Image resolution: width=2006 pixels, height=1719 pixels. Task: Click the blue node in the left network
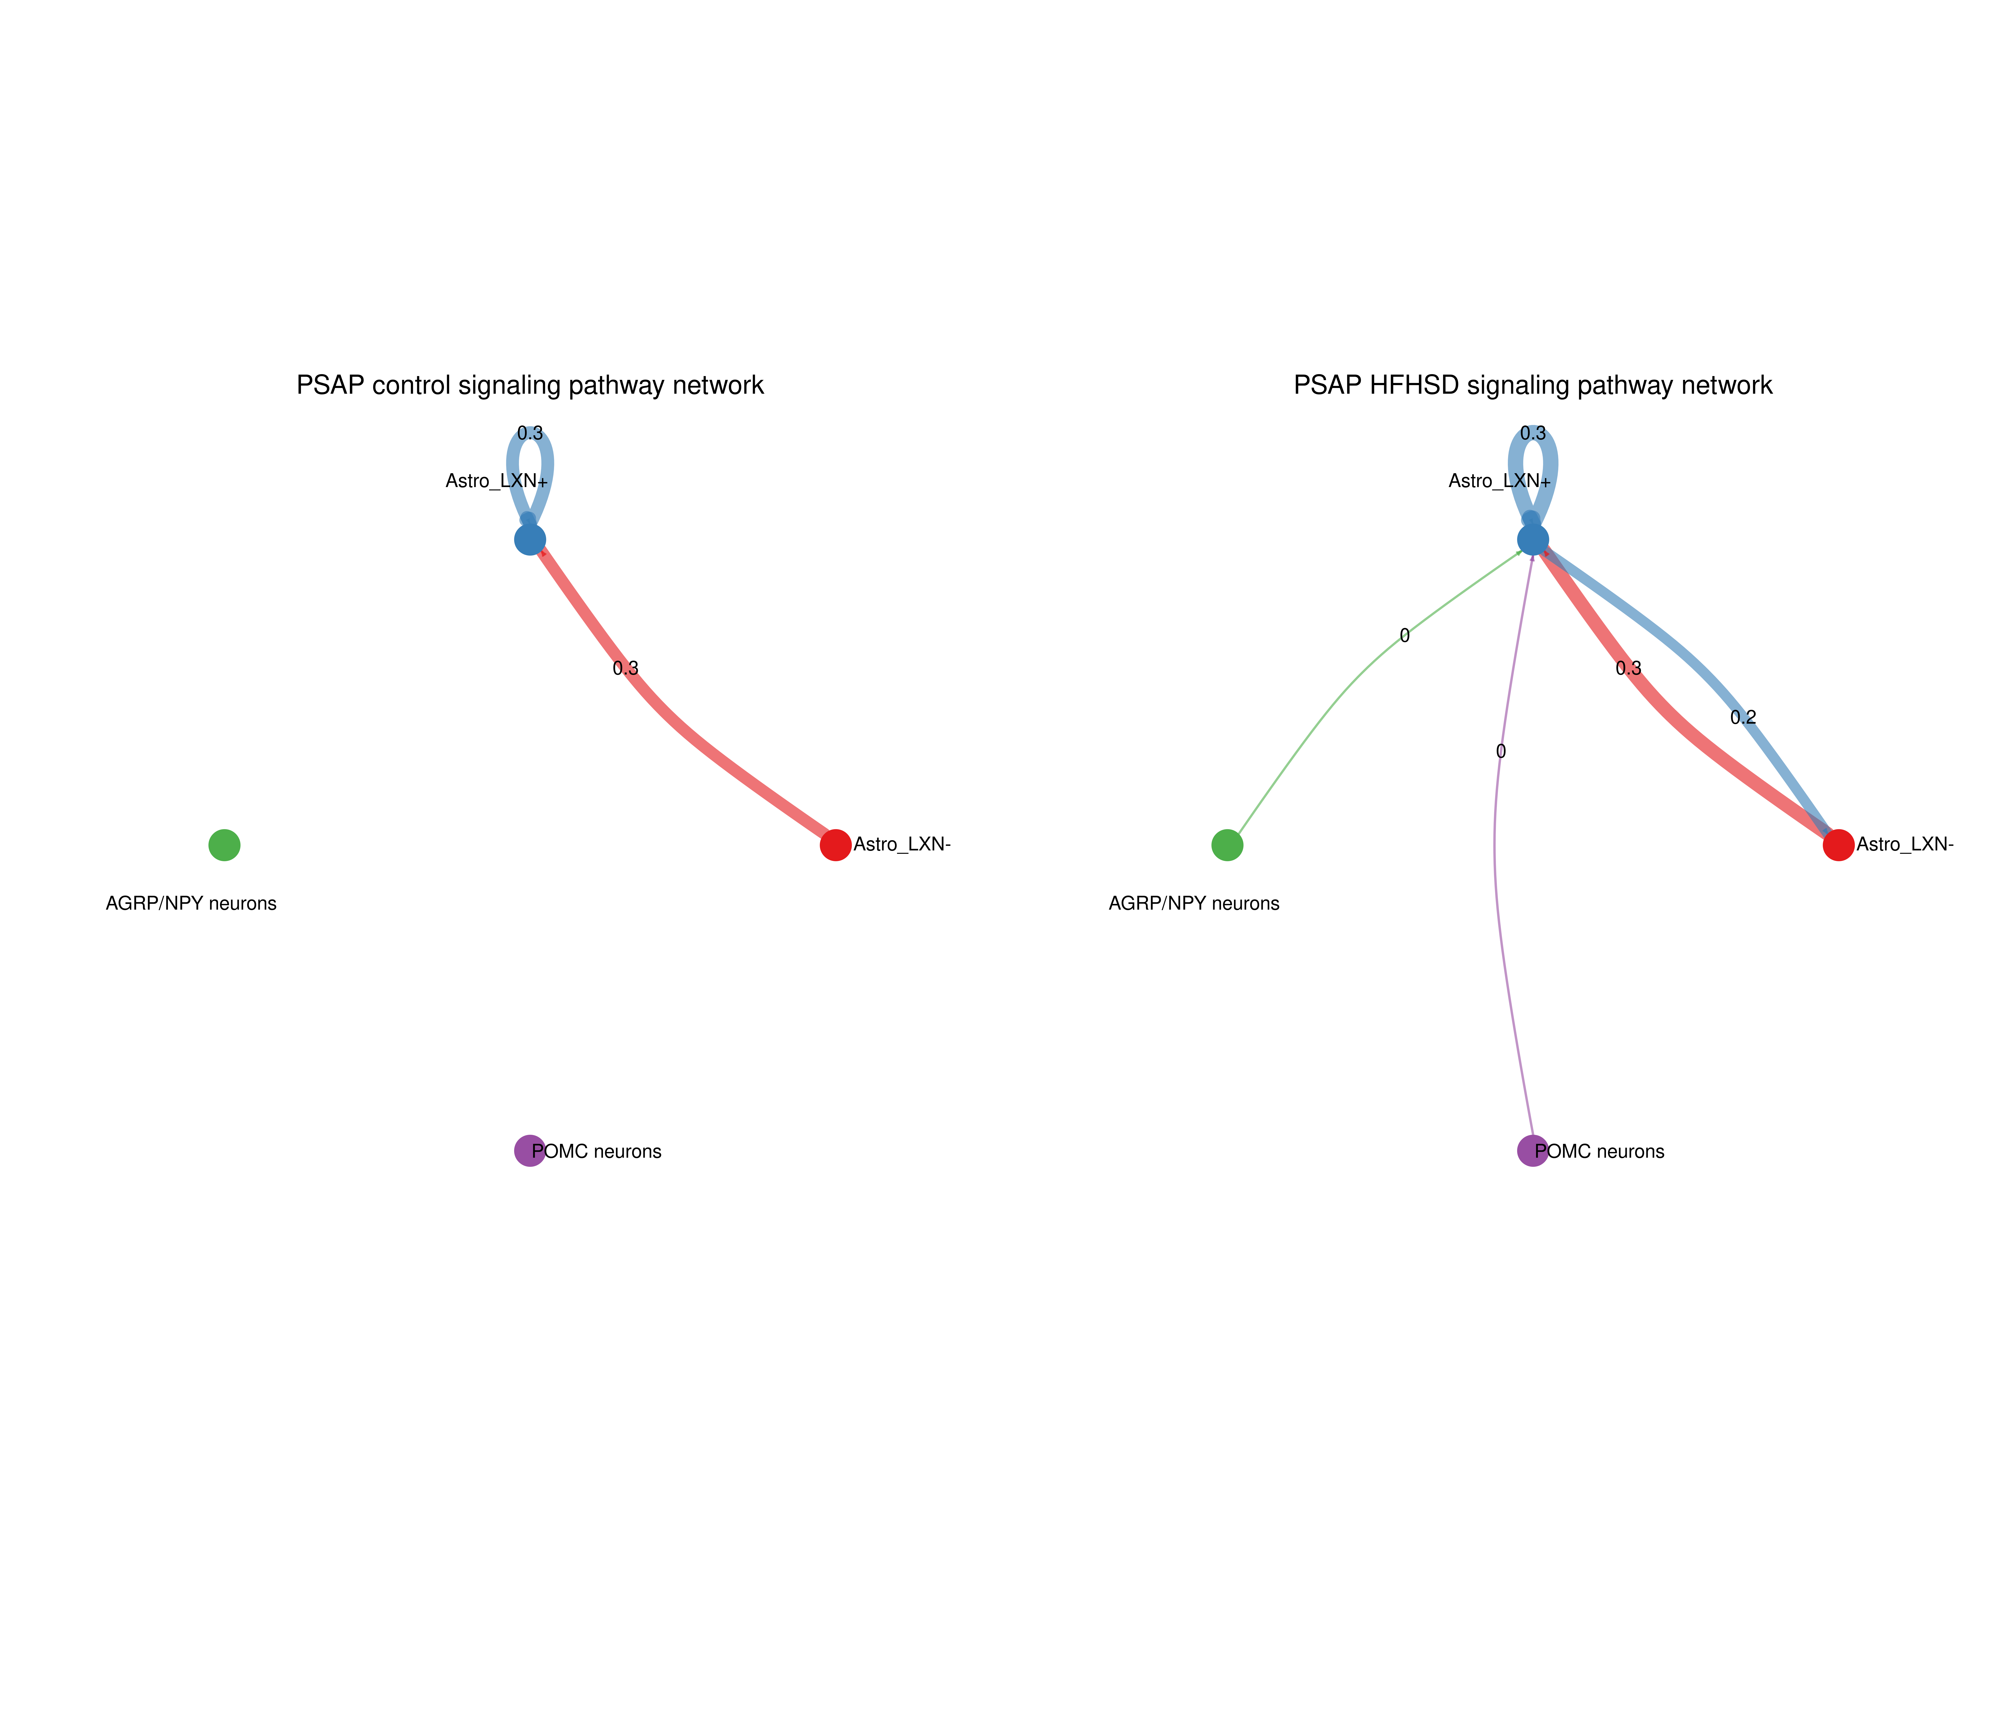coord(530,539)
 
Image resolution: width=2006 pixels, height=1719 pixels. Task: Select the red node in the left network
coord(836,845)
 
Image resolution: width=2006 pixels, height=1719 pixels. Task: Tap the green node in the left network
coord(225,845)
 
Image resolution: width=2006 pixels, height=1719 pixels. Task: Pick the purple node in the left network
coord(530,1151)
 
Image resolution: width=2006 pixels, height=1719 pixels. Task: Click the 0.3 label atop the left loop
coord(530,434)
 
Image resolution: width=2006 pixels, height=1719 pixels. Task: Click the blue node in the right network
coord(1533,539)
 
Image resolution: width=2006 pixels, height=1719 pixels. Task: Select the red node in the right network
coord(1839,845)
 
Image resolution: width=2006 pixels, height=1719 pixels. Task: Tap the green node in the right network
coord(1228,845)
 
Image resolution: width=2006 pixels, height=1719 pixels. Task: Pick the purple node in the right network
coord(1533,1151)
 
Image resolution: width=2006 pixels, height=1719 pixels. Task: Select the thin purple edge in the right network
coord(1497,871)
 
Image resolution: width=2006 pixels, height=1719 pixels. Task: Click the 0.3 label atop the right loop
coord(1533,434)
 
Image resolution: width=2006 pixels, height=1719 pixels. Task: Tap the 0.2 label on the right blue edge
coord(1743,717)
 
